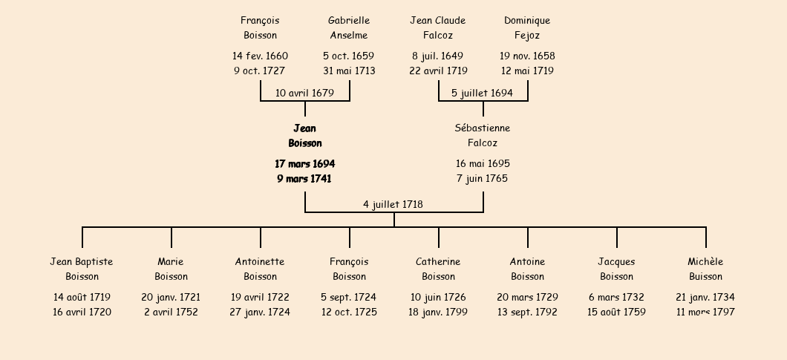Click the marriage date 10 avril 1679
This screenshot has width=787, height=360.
pos(304,93)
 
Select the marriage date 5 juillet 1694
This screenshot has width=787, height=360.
pos(482,93)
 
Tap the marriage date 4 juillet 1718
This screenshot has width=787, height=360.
pos(393,204)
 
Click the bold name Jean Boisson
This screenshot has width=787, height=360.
pos(305,136)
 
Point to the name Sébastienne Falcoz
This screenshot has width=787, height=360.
pos(483,136)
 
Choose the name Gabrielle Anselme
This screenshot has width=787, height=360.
pos(349,27)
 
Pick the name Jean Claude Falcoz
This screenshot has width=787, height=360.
pos(437,27)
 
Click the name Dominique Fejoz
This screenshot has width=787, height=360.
pos(527,27)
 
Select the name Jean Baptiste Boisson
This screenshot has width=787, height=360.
pos(82,269)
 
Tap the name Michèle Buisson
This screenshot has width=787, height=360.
pos(705,269)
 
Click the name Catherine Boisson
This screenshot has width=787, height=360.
pos(438,269)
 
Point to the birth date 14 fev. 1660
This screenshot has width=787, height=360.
pos(260,56)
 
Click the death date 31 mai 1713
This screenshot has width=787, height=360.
pos(349,71)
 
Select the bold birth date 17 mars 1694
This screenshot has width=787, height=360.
pos(304,164)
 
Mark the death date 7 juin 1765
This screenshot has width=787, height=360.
pos(482,178)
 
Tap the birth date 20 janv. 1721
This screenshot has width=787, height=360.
pos(171,297)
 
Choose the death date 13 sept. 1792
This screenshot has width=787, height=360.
pos(527,312)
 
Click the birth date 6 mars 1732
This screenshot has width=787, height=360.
pos(616,297)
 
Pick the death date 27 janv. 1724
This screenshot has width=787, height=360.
pos(260,312)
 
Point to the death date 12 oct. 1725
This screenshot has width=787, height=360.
pos(349,312)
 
